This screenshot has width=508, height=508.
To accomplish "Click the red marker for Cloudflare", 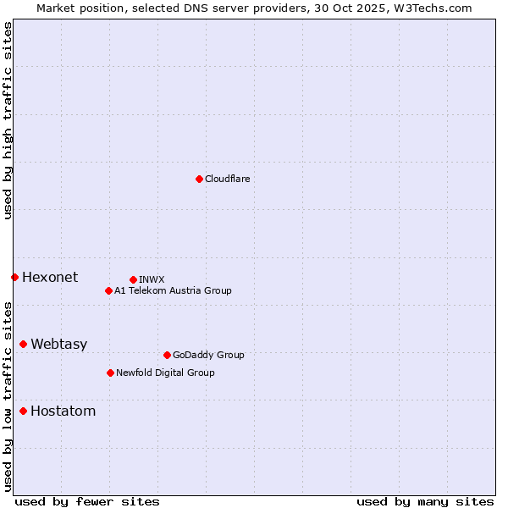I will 199,179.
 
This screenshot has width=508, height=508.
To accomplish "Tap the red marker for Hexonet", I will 14,277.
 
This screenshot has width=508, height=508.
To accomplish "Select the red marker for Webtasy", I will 23,344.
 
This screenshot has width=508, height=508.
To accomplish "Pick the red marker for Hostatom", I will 23,411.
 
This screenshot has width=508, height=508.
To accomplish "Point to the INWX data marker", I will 133,279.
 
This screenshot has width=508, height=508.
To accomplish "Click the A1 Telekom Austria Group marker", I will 108,290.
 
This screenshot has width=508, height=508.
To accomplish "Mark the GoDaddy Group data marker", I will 167,355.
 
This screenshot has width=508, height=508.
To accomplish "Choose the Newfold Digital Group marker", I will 110,373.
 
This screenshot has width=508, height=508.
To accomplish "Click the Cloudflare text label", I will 227,179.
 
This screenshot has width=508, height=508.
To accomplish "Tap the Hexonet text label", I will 50,277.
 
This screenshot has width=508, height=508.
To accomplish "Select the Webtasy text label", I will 58,344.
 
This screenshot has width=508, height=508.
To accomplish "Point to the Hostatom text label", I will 63,411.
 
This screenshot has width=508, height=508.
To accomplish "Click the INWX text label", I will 152,279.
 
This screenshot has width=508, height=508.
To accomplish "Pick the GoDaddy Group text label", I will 207,355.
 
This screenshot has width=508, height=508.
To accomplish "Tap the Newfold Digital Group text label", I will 165,373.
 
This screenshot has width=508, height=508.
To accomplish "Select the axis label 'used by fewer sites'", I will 87,501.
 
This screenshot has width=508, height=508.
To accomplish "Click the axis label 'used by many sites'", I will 425,501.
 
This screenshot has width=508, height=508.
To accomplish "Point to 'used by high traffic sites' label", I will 8,120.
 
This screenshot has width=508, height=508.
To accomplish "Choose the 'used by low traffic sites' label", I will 8,396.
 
